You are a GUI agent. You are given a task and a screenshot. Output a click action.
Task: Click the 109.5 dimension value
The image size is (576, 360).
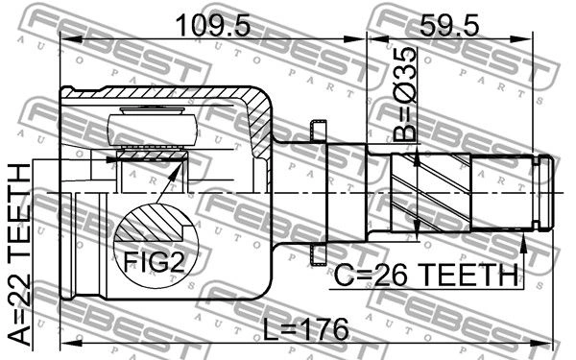pos(213,25)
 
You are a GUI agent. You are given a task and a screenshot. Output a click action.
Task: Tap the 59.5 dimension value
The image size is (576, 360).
pos(449,25)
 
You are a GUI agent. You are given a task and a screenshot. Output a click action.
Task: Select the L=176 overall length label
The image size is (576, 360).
pos(306,329)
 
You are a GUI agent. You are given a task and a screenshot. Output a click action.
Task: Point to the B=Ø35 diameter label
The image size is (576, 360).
pos(405,94)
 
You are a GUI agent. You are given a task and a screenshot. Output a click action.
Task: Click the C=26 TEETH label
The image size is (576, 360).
pos(426,276)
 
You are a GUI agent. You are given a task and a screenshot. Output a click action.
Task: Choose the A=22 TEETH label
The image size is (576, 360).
pos(19,254)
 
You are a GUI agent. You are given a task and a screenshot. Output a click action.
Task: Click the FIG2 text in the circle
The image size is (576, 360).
pos(154,261)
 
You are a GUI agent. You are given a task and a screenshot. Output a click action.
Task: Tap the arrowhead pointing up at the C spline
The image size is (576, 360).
pos(524,243)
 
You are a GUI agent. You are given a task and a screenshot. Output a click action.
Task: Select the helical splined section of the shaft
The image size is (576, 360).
pos(430,192)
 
